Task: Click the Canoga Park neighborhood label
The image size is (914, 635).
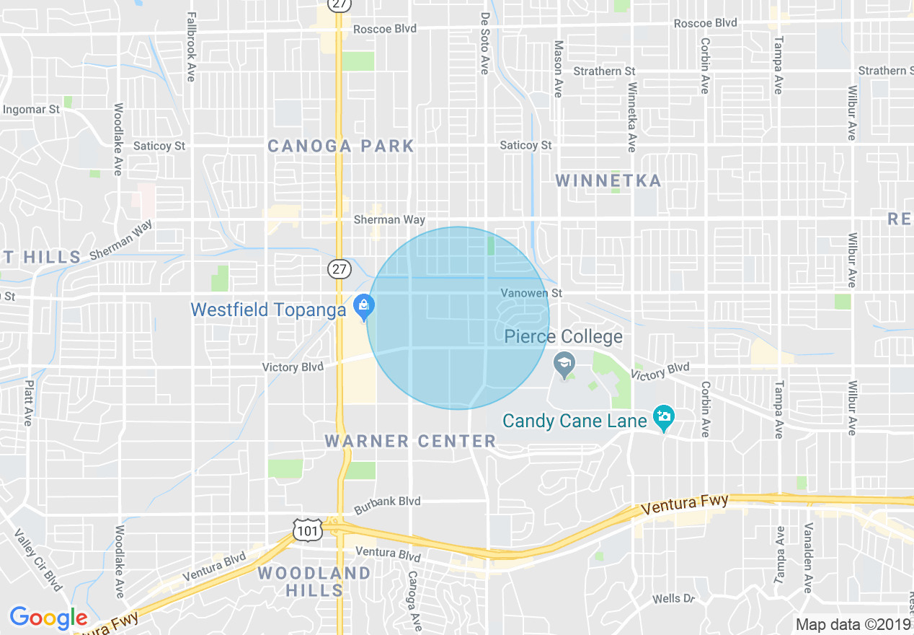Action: [341, 146]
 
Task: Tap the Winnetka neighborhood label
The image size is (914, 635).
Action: [608, 180]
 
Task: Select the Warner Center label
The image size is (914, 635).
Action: [410, 441]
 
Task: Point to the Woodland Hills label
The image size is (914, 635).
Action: [314, 582]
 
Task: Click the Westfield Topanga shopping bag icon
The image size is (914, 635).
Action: [365, 306]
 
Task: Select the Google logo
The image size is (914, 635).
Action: [48, 618]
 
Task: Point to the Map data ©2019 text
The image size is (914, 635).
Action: [853, 624]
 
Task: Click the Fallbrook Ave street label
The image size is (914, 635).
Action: [191, 46]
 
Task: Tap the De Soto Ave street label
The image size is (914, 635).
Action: [484, 43]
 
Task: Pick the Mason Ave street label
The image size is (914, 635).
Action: [558, 69]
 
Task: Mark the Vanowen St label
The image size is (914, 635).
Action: [532, 293]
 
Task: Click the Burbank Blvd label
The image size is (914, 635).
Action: [386, 502]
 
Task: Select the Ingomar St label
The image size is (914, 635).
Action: [32, 110]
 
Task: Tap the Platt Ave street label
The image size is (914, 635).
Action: [28, 403]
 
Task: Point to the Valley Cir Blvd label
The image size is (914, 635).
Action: [37, 559]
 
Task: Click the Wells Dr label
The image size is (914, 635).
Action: [673, 599]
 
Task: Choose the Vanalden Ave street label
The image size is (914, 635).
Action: [809, 557]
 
